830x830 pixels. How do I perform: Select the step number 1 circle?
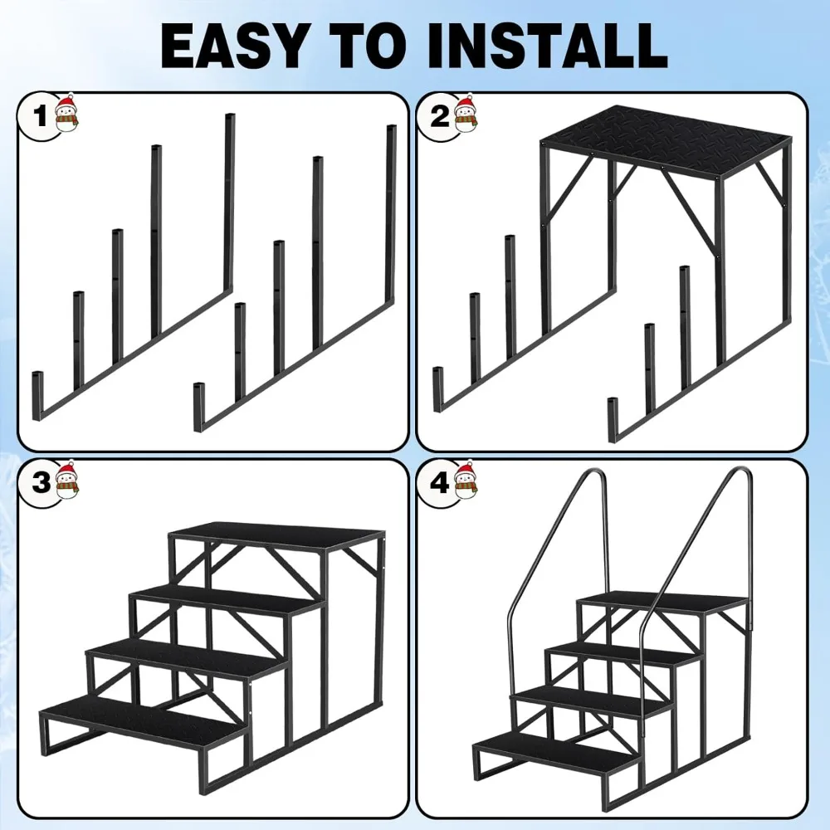tap(38, 116)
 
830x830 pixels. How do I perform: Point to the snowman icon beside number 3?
tap(66, 480)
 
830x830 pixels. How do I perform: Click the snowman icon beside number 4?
tap(466, 480)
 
